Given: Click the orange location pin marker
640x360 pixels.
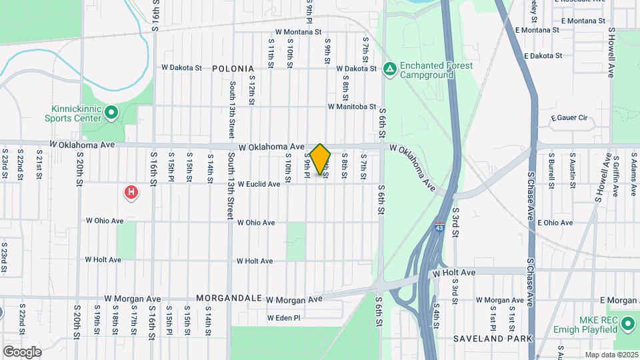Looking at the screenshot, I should pyautogui.click(x=320, y=159).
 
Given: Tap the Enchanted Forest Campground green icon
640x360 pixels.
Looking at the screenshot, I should pyautogui.click(x=389, y=69).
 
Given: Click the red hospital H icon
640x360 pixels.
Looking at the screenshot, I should pyautogui.click(x=132, y=193).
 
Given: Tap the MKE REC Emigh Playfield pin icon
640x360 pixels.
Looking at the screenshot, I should pyautogui.click(x=627, y=325).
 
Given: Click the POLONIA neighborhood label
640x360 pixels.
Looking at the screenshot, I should pyautogui.click(x=233, y=69).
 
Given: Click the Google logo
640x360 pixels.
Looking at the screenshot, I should pyautogui.click(x=22, y=351).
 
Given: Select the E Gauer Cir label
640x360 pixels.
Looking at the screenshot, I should pyautogui.click(x=568, y=118).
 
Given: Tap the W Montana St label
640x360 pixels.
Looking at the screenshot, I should pyautogui.click(x=298, y=31).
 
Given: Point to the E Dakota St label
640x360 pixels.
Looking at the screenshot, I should pyautogui.click(x=544, y=56).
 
